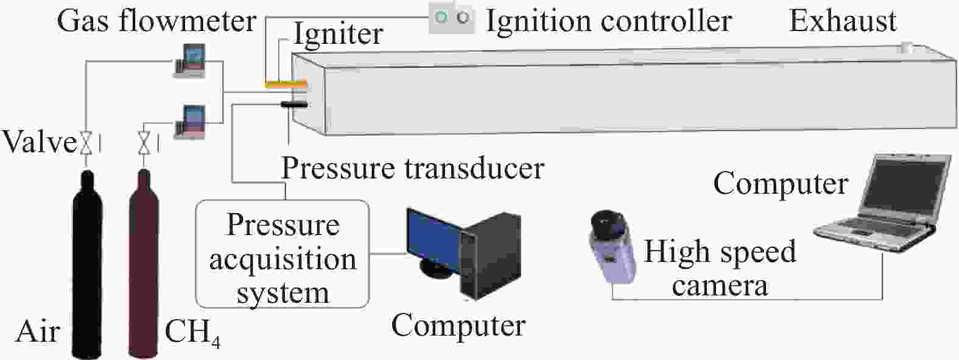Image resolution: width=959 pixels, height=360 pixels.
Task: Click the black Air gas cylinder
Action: click(x=87, y=266)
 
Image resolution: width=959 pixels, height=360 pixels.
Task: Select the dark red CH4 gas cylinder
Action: click(x=144, y=266)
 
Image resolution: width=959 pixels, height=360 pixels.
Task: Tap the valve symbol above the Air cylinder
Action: click(x=86, y=143)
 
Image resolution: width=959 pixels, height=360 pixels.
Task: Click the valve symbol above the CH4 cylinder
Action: click(x=144, y=143)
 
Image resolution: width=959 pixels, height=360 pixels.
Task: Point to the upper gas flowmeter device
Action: click(x=189, y=61)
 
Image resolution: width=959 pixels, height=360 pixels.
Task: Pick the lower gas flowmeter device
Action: click(x=189, y=122)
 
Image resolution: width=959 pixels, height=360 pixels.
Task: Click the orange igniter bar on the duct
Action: click(x=286, y=83)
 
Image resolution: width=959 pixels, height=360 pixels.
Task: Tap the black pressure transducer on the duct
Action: click(x=293, y=104)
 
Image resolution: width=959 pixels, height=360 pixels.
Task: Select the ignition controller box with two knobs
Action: click(x=452, y=18)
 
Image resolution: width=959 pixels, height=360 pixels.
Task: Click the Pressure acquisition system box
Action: click(x=283, y=254)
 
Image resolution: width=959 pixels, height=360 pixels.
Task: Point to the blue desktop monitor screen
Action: click(x=432, y=240)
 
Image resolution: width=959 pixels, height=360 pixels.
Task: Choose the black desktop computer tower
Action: click(x=491, y=255)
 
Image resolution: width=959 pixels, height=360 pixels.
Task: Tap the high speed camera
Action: click(x=611, y=247)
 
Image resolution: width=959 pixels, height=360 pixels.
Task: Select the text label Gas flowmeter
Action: click(x=156, y=21)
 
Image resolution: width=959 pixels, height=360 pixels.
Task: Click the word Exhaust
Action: click(x=843, y=21)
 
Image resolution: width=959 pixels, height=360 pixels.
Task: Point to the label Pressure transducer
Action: click(x=413, y=168)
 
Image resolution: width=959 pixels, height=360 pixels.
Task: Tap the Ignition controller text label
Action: click(x=609, y=21)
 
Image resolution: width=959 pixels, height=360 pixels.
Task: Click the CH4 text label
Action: click(x=192, y=333)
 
